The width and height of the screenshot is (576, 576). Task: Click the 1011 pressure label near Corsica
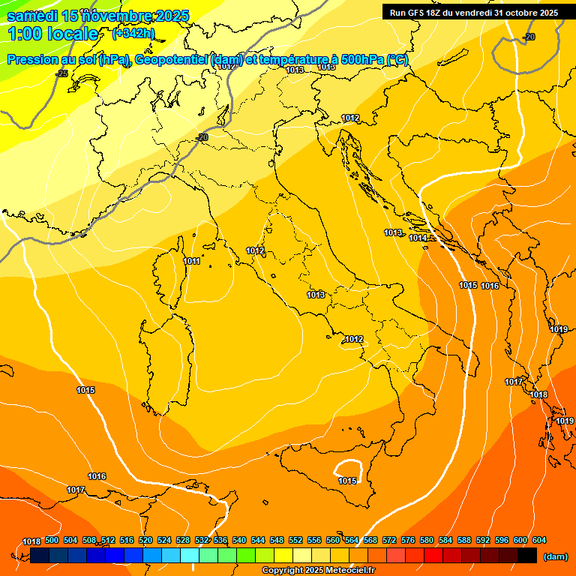[191, 261]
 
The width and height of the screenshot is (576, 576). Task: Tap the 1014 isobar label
[418, 238]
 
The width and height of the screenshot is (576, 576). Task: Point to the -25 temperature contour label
[61, 73]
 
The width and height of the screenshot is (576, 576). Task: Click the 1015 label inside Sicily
[347, 481]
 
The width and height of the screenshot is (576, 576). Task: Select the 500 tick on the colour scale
[52, 540]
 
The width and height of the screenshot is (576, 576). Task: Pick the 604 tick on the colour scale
[538, 540]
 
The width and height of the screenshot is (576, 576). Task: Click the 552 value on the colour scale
[295, 540]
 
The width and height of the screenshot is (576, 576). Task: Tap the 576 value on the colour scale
[408, 540]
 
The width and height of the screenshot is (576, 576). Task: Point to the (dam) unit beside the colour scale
[555, 556]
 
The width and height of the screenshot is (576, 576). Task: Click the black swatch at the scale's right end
[527, 555]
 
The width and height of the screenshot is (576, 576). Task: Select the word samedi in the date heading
[33, 16]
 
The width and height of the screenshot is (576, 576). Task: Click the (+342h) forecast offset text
[133, 33]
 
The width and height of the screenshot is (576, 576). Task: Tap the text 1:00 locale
[52, 34]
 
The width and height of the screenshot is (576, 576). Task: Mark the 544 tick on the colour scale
[258, 540]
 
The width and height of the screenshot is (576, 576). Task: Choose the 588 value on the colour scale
[464, 540]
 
